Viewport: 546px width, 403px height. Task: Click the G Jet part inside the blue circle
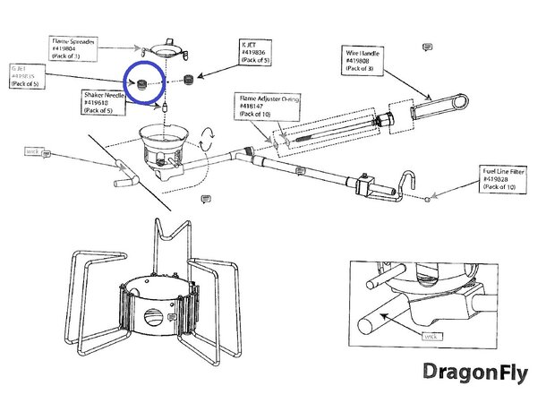(141, 83)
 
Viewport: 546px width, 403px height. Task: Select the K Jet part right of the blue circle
(188, 81)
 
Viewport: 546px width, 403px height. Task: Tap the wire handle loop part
(439, 106)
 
